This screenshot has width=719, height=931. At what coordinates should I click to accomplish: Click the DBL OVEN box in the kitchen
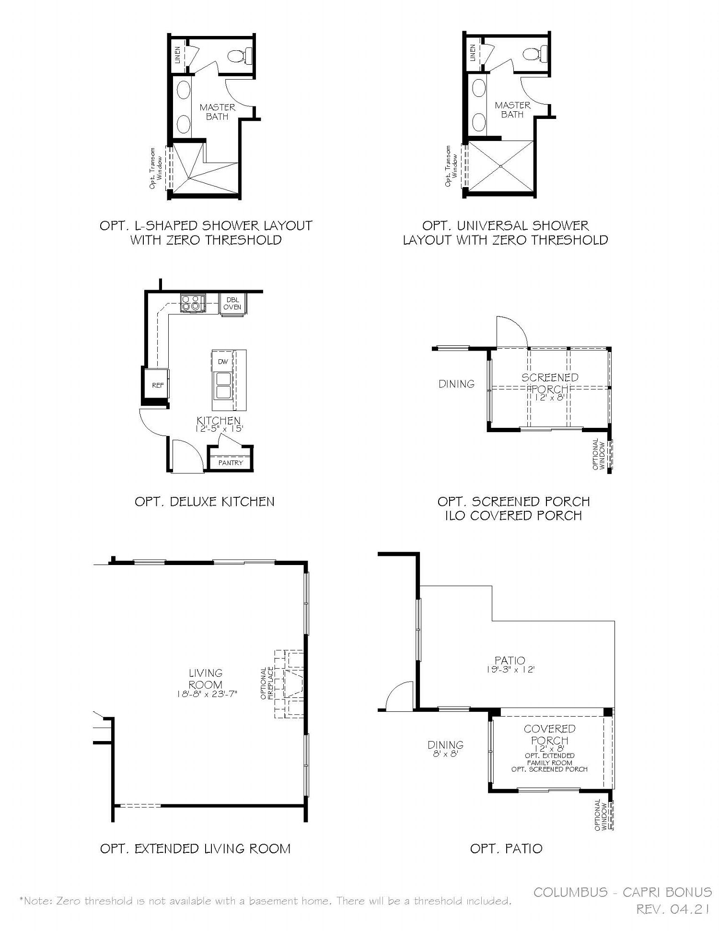click(232, 303)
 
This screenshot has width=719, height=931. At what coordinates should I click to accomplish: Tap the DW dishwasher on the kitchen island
click(223, 361)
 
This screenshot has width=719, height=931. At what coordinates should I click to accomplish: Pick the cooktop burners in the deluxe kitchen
click(193, 304)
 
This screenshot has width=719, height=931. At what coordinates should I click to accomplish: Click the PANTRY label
click(231, 463)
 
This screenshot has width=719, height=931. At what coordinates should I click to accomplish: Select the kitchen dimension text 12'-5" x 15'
click(219, 429)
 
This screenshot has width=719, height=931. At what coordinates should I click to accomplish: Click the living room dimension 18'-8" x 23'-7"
click(206, 694)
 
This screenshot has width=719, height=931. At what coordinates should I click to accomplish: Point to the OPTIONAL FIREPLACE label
click(267, 684)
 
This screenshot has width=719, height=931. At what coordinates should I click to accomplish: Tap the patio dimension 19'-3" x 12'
click(510, 669)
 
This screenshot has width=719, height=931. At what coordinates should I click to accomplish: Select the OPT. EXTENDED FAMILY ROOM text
click(550, 759)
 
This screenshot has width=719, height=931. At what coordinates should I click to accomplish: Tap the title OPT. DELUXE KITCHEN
click(205, 502)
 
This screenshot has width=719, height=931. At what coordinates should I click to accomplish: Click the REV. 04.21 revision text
click(673, 909)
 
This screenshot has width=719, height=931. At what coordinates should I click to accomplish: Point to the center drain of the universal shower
click(500, 166)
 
